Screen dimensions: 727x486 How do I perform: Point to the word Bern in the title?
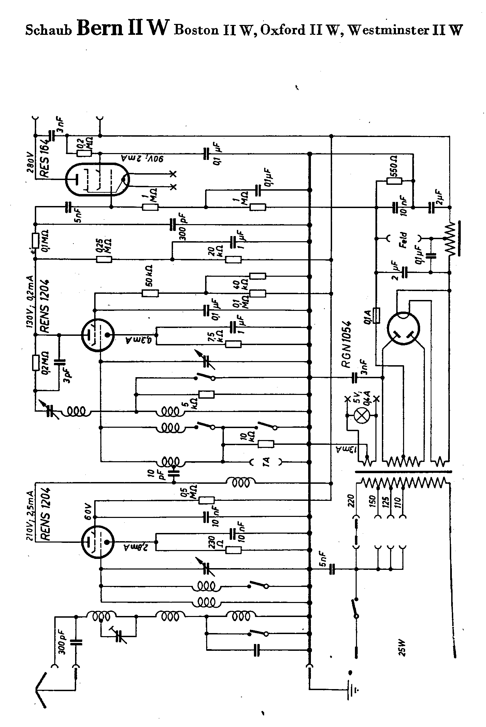pyautogui.click(x=100, y=28)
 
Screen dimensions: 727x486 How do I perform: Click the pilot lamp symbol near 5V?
pyautogui.click(x=362, y=415)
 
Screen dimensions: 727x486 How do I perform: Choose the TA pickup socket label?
pyautogui.click(x=266, y=462)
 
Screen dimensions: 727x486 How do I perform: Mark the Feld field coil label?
pyautogui.click(x=404, y=239)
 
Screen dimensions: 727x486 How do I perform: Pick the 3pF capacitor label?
pyautogui.click(x=69, y=375)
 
